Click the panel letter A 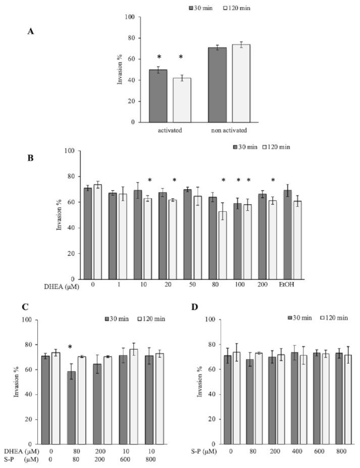(x=31, y=31)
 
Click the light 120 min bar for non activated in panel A (x=241, y=83)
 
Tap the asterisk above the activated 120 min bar (x=181, y=58)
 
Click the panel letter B (x=31, y=157)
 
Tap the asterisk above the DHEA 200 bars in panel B (x=273, y=180)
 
